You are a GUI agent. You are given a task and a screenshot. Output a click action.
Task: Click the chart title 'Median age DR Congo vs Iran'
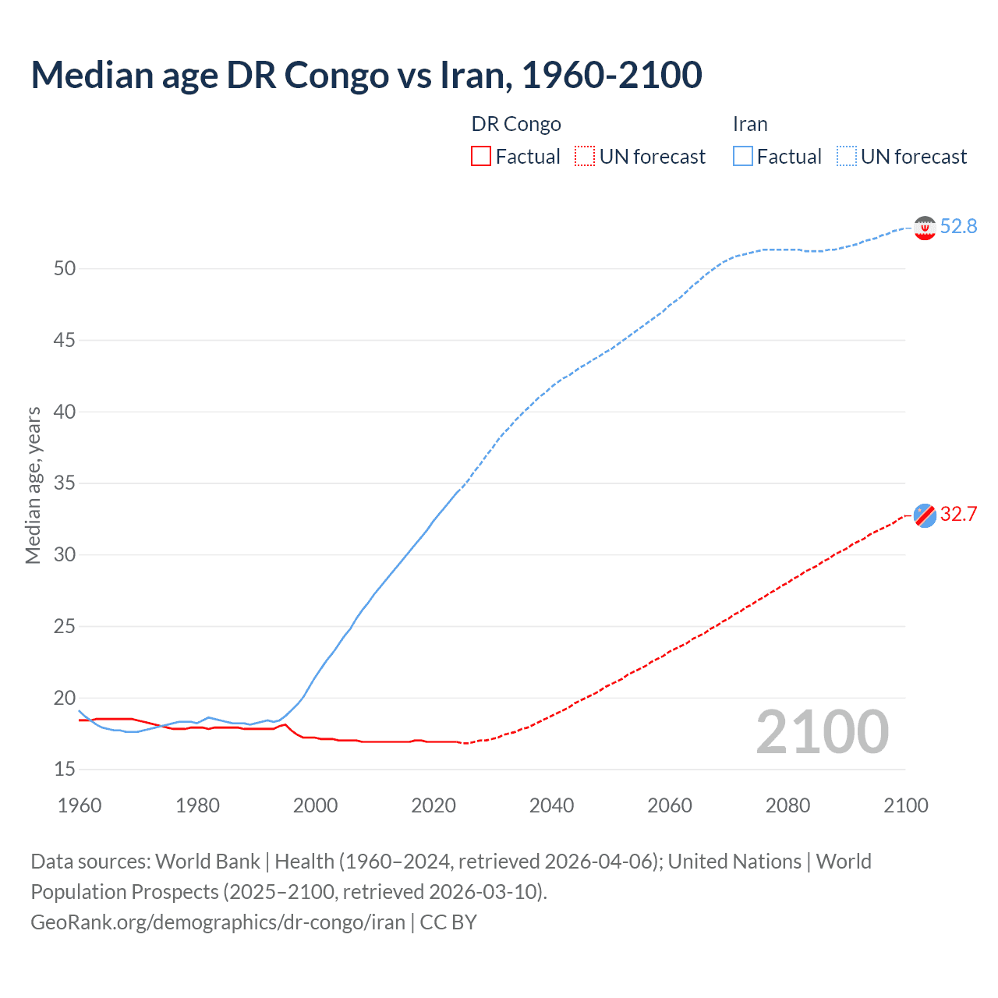click(366, 75)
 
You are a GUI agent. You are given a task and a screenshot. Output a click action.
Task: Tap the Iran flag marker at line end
click(925, 228)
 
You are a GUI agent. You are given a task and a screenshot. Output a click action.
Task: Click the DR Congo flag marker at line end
click(925, 515)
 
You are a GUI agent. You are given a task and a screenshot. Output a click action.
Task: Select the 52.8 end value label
click(958, 226)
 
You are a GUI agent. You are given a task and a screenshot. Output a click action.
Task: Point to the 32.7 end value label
click(958, 514)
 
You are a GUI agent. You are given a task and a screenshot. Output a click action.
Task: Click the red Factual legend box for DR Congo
click(481, 157)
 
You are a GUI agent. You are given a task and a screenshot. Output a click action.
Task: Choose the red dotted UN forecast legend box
click(585, 157)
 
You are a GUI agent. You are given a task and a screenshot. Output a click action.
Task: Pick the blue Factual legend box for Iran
click(743, 157)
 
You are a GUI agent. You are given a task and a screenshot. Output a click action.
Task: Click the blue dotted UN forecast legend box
click(847, 157)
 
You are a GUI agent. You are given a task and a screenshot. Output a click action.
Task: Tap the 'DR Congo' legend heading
click(516, 124)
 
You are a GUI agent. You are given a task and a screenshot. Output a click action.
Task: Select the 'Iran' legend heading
click(750, 124)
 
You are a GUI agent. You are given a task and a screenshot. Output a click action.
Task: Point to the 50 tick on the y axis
click(65, 269)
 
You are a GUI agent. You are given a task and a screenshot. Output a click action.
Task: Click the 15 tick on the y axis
click(65, 770)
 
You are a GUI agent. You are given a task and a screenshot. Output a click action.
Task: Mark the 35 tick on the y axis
click(65, 483)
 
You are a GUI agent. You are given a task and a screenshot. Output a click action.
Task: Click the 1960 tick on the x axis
click(80, 805)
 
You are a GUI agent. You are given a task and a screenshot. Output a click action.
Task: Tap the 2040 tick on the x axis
click(551, 805)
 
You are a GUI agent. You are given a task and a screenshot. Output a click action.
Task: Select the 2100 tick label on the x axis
click(905, 805)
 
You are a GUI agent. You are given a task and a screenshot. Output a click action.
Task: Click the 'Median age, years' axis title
click(33, 485)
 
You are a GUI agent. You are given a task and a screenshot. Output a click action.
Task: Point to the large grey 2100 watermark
click(822, 731)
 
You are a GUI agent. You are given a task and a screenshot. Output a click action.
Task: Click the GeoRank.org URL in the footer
click(218, 922)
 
